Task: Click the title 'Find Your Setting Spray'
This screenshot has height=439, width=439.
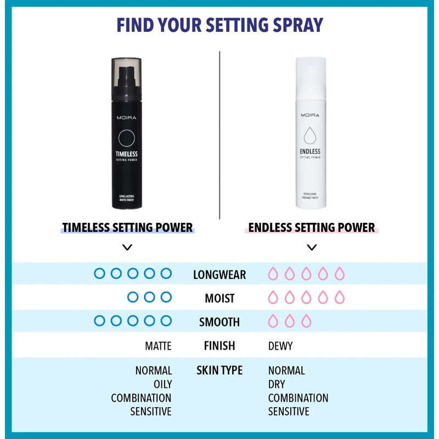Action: (x=219, y=25)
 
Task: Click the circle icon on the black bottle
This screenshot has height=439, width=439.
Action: (x=127, y=137)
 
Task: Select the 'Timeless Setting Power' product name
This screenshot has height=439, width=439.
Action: (x=127, y=227)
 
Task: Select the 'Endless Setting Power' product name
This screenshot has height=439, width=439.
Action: (x=312, y=227)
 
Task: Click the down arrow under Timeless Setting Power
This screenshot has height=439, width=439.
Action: (x=127, y=247)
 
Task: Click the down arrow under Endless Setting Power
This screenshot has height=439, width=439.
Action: (x=312, y=247)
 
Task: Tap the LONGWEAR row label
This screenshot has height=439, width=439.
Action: (x=219, y=274)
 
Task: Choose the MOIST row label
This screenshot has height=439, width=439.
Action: (x=219, y=298)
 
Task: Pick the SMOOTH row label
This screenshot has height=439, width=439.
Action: (x=219, y=322)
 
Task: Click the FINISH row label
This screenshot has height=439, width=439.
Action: (x=219, y=346)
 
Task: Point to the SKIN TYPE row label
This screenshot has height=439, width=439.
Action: (x=219, y=370)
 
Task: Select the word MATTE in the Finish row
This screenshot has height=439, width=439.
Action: (x=158, y=346)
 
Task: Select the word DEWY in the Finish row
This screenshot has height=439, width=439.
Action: (x=280, y=346)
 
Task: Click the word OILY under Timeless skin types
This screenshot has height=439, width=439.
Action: (x=162, y=384)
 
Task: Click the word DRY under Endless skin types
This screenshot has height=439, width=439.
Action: (x=277, y=384)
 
